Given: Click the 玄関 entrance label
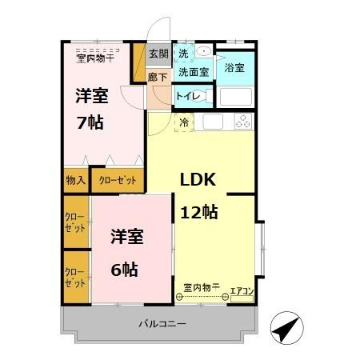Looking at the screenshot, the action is click(159, 54).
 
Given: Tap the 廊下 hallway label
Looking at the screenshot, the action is click(158, 78).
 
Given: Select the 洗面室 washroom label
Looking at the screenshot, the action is click(194, 72).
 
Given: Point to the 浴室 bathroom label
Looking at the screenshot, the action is click(234, 68).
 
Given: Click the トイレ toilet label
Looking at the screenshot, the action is click(188, 96).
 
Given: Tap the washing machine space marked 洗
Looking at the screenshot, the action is click(183, 54).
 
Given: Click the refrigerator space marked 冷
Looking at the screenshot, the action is click(184, 122).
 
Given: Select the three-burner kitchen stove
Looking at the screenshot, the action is click(243, 121).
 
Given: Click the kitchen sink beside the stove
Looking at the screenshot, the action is click(213, 122).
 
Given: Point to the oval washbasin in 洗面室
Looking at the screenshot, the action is click(204, 50).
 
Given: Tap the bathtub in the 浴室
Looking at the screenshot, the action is click(236, 97).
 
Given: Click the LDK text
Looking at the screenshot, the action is click(198, 180).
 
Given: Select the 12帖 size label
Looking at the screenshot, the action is click(199, 212).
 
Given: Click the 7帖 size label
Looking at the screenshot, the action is click(90, 122).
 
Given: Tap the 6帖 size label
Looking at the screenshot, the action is click(124, 270).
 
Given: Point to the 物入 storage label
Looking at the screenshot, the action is click(76, 180).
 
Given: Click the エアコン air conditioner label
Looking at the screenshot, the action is click(242, 291).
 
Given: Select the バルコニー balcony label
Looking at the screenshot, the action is click(162, 324).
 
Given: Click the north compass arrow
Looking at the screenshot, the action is click(287, 328).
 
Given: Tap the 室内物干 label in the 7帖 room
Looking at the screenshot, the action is click(95, 58).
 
